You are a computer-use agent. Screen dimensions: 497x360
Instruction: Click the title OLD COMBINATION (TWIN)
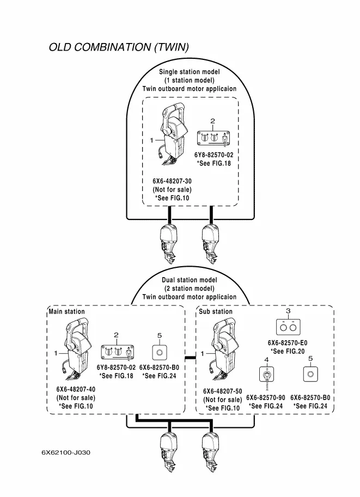tap(119, 47)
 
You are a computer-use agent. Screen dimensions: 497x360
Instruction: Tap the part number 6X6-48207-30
tap(172, 181)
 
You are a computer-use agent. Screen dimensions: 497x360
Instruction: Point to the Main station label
tap(66, 312)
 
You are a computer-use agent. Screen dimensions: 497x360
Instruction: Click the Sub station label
tap(216, 312)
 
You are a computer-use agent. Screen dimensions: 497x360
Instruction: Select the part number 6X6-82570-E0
tap(288, 343)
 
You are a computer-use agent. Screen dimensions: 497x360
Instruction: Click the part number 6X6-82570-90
tap(265, 398)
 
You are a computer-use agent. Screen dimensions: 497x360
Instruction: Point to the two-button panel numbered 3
tap(288, 327)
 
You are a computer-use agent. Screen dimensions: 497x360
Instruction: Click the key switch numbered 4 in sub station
tap(266, 377)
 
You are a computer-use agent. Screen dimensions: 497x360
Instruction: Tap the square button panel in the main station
tap(159, 352)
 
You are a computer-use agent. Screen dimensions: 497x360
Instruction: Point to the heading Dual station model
tap(190, 280)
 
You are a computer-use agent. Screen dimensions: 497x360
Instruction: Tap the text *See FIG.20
tap(288, 352)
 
